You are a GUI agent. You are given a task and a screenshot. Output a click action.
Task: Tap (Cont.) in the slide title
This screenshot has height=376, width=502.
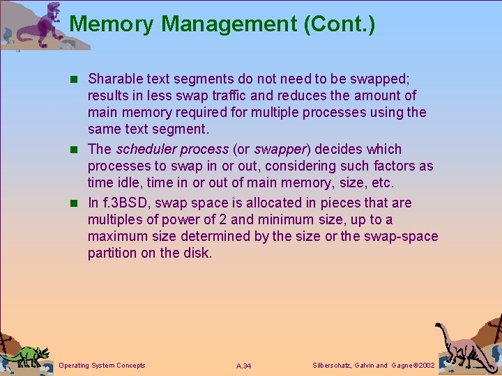(340, 24)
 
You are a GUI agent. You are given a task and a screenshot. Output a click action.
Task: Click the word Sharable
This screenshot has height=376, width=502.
(115, 79)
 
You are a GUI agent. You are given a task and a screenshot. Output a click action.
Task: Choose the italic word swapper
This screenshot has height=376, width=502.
(279, 149)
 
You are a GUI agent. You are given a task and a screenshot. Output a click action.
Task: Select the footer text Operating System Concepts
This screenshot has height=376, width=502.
(102, 366)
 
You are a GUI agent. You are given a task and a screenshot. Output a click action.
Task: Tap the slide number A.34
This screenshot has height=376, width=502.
(244, 366)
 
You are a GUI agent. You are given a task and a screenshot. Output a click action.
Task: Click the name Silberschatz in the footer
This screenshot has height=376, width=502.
(332, 366)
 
